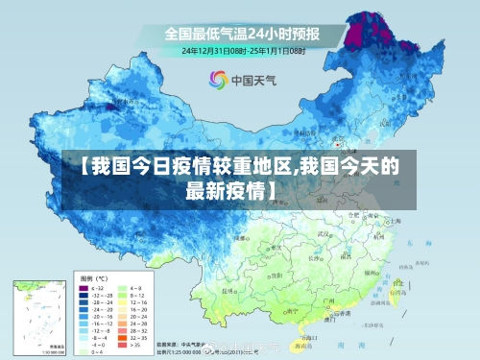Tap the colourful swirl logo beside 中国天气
pyautogui.click(x=220, y=81)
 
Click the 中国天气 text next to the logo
pyautogui.click(x=253, y=81)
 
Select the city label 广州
pyautogui.click(x=330, y=301)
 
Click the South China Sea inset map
pyautogui.click(x=37, y=311)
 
